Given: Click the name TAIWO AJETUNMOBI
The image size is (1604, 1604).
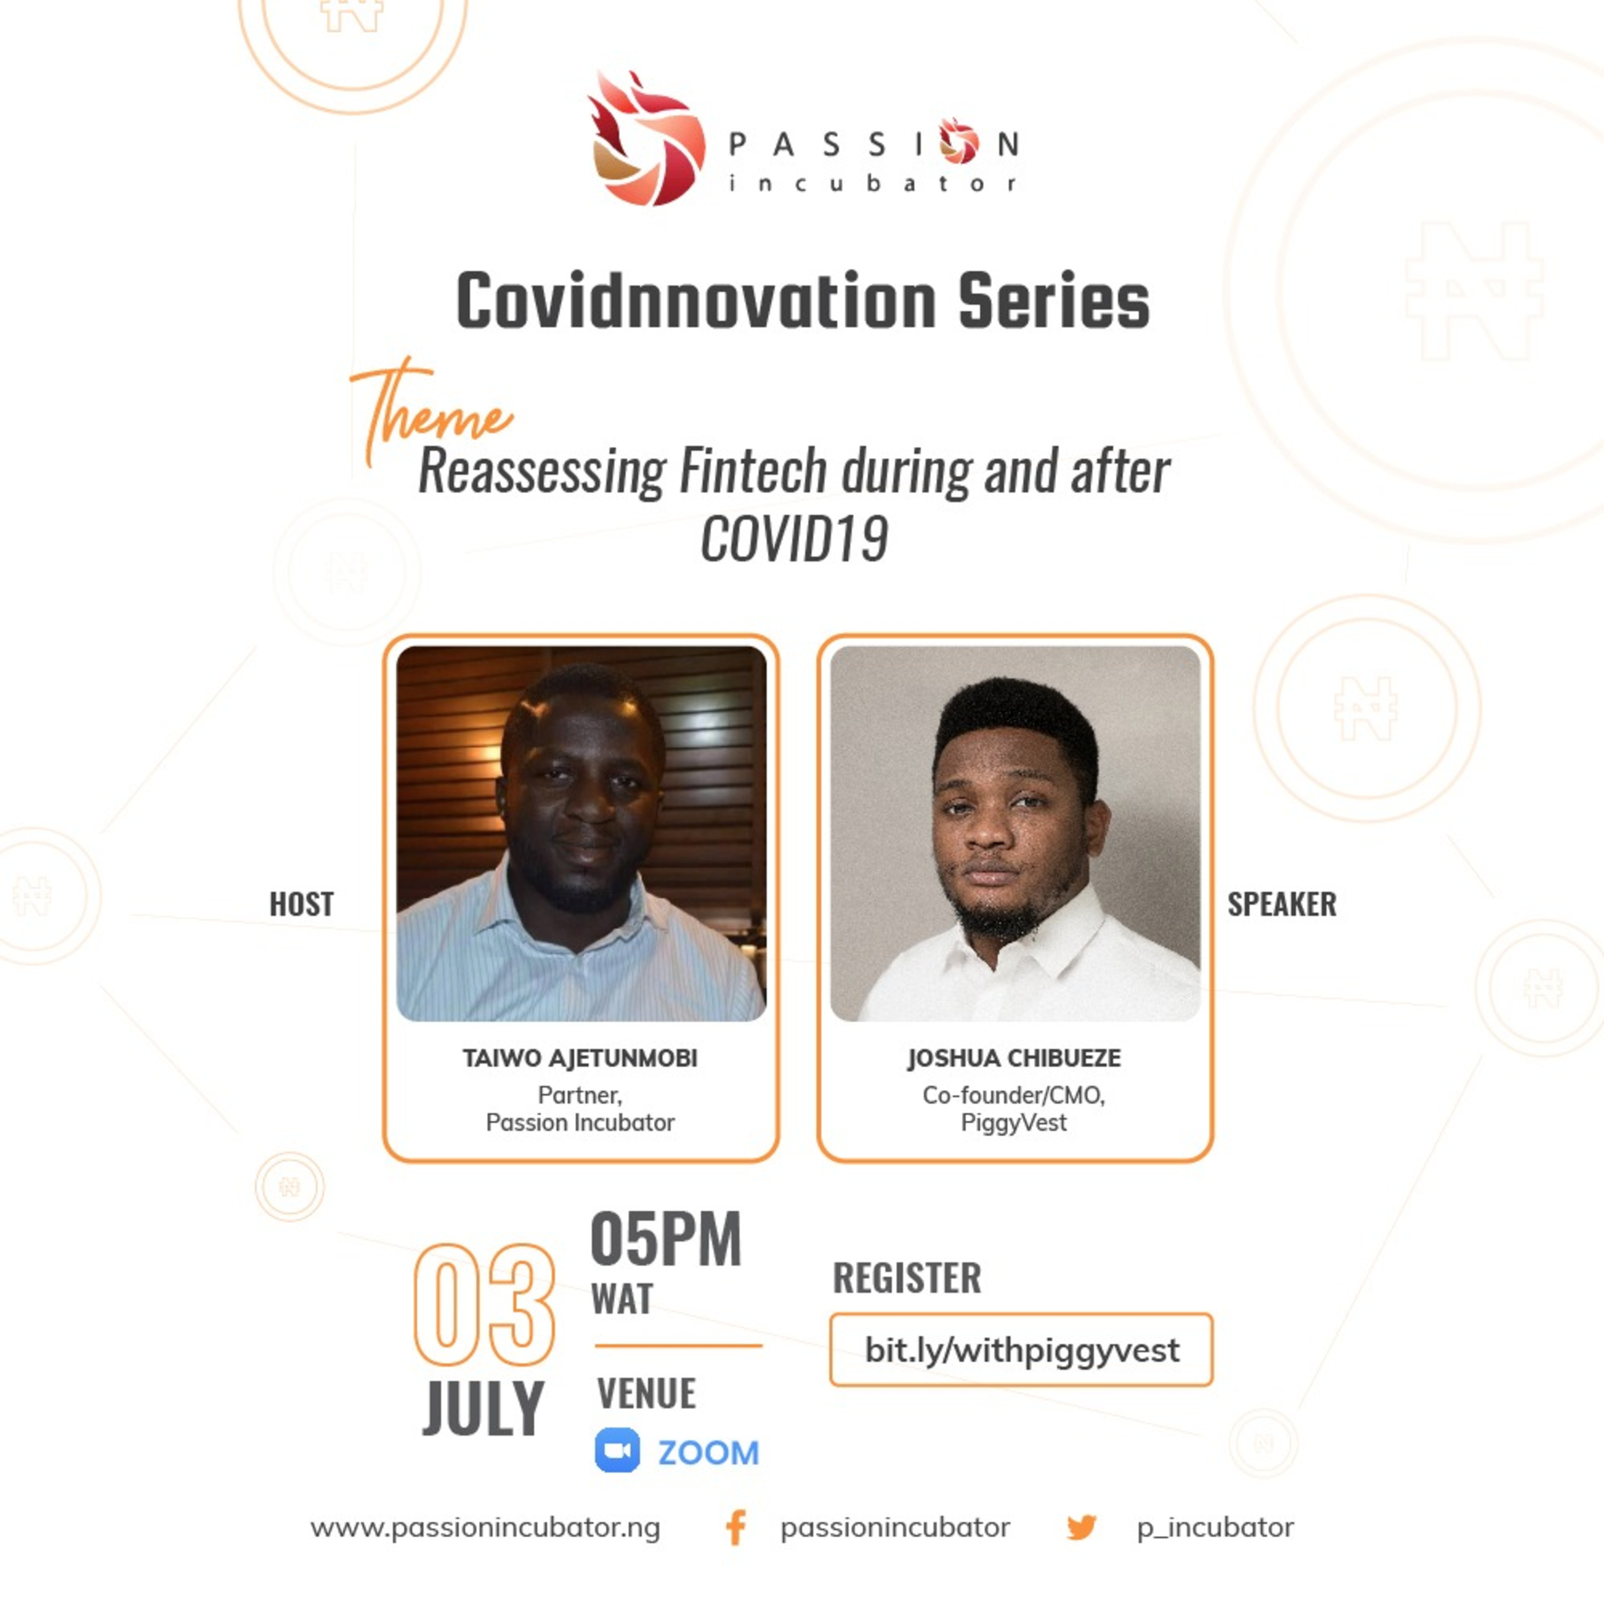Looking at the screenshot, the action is [580, 1058].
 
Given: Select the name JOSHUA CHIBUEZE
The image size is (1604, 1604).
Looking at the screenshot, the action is [1014, 1058].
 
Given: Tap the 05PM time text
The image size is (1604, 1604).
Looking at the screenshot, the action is [666, 1239].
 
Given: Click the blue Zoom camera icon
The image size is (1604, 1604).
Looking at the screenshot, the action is [618, 1451].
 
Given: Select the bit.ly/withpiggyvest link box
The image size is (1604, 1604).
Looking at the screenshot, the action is [1021, 1350].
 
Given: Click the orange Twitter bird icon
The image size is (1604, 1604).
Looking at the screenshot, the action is [1082, 1528].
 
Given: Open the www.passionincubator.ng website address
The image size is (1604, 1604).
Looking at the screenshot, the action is [485, 1528].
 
